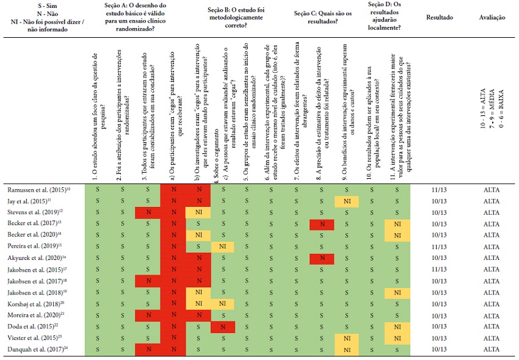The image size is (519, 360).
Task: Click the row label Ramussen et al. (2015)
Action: [x=37, y=190]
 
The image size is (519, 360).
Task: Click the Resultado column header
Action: [x=439, y=18]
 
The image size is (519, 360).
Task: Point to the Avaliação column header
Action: [x=492, y=18]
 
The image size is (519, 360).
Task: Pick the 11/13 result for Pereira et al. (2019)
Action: [x=439, y=246]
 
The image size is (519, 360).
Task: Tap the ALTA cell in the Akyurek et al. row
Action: [x=491, y=257]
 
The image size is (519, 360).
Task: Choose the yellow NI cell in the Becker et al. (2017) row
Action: [x=396, y=224]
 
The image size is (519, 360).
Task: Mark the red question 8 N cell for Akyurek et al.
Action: [x=322, y=257]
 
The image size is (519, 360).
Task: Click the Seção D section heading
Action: [x=385, y=17]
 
